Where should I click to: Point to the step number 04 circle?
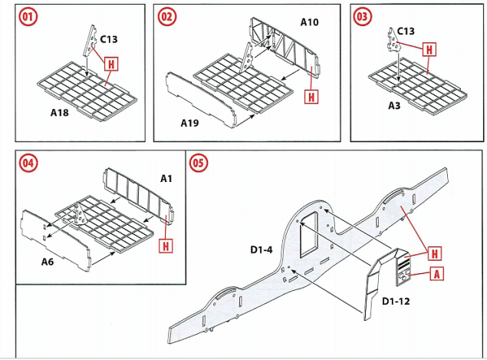[28, 164]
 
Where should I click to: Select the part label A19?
[190, 124]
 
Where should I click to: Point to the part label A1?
[166, 178]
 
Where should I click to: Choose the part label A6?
[44, 261]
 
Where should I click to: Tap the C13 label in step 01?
[109, 37]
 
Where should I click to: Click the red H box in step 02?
[311, 97]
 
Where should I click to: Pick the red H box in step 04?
[166, 246]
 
